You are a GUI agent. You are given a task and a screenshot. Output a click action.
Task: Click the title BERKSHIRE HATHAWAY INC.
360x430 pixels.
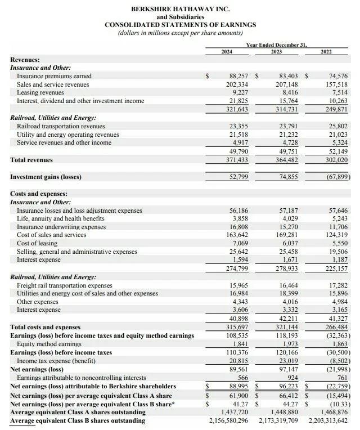tap(180, 10)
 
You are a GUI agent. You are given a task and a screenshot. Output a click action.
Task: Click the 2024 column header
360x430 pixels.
tap(227, 52)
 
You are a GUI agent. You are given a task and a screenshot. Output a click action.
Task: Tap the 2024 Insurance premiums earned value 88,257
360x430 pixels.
tap(237, 75)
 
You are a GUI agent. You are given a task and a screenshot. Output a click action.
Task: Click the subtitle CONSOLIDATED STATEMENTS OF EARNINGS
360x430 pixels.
tap(180, 25)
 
